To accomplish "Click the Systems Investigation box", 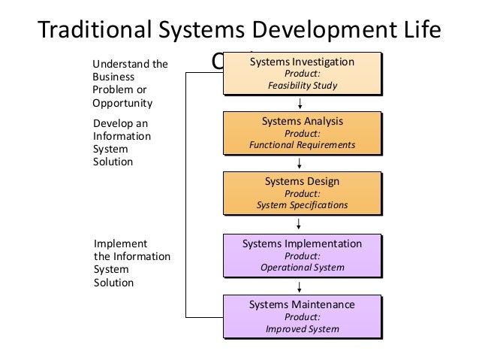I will pos(302,73).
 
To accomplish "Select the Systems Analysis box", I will pos(302,132).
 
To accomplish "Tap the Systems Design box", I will pos(302,192).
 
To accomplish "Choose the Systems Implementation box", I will pos(302,255).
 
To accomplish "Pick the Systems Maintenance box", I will pos(302,316).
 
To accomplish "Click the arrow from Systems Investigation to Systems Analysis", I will pos(300,103).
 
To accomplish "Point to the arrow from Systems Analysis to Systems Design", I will pos(300,163).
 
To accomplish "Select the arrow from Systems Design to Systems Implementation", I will pos(300,223).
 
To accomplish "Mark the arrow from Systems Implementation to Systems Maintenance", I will pos(300,286).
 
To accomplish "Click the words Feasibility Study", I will pos(302,86).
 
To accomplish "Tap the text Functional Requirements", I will pos(302,144).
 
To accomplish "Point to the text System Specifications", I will pos(302,204).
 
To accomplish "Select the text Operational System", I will pos(302,267).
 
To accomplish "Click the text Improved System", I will pos(302,328).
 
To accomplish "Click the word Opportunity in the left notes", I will pos(122,103).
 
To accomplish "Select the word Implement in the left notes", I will pos(119,244).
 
